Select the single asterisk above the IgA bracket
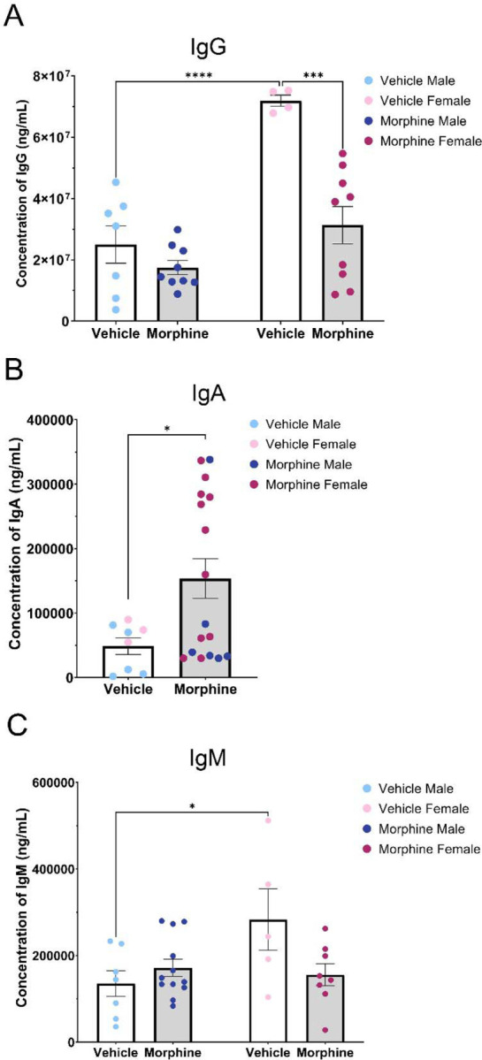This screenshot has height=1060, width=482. (x=167, y=428)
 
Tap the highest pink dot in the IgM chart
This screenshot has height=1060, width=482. (x=268, y=820)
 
